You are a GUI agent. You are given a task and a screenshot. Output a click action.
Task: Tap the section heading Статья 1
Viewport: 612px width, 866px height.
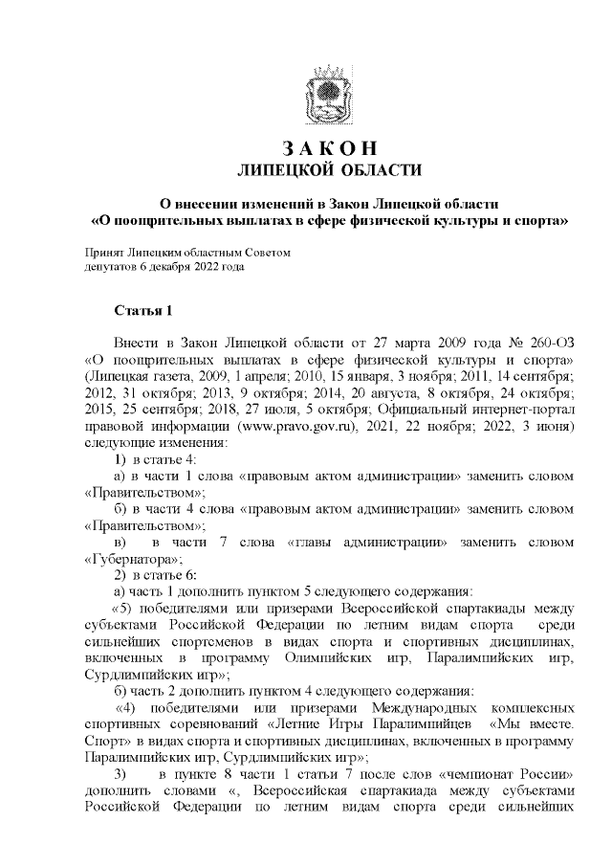click(142, 311)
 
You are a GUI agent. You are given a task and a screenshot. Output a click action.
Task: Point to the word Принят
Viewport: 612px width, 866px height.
click(104, 253)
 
